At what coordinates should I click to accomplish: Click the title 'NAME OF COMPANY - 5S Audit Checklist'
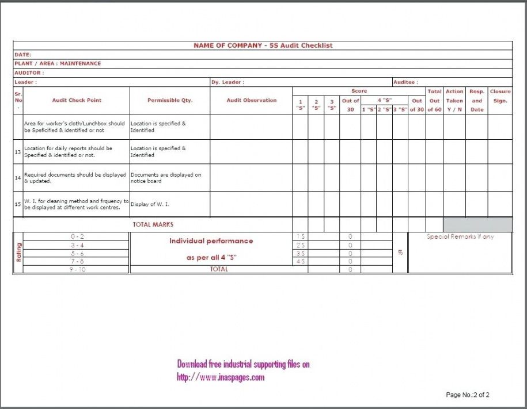tap(263, 45)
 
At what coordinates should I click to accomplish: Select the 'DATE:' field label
tap(22, 55)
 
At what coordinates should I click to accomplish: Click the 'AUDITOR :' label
tap(29, 73)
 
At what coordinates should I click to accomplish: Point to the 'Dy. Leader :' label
tap(227, 82)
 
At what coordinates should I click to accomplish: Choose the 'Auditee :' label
tap(405, 82)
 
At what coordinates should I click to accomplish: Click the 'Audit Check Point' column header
tap(77, 101)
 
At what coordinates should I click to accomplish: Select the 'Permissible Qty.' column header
tap(169, 101)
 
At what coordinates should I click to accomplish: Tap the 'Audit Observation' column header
tap(251, 101)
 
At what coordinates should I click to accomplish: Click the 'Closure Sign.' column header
tap(500, 96)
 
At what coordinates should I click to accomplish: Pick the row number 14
tap(18, 178)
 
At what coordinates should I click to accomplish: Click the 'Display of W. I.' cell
tap(150, 204)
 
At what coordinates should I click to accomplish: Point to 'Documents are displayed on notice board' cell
tap(166, 178)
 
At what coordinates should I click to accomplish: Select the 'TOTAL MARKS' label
tap(153, 224)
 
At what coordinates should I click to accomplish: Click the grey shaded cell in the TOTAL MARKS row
tap(477, 224)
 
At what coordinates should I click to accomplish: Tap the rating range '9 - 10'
tap(77, 269)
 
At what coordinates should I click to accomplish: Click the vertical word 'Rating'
tap(18, 253)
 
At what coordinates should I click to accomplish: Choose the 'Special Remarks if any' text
tap(460, 236)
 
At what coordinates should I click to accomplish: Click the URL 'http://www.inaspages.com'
tap(221, 377)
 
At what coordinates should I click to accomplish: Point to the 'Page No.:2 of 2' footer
tap(467, 395)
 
